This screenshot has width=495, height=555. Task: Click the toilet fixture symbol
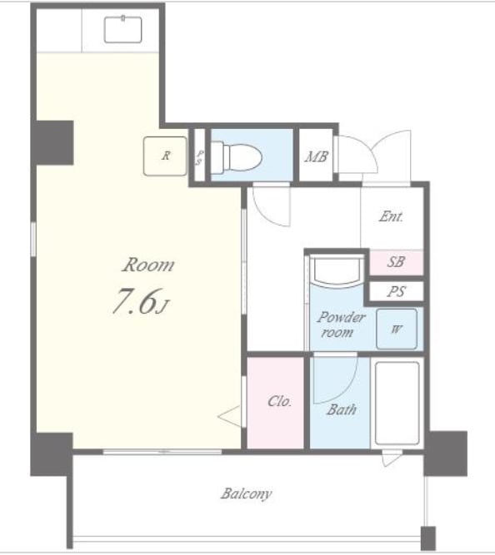[x=237, y=157]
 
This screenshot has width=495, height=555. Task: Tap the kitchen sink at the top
[x=123, y=29]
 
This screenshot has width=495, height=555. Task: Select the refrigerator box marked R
[x=165, y=156]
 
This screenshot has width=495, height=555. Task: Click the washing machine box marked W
[x=397, y=329]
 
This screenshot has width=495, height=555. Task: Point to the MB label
[x=317, y=156]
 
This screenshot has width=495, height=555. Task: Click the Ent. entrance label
[x=391, y=216]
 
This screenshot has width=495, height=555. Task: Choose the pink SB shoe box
[x=397, y=262]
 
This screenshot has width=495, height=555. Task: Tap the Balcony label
[x=247, y=493]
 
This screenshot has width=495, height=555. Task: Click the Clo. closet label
[x=279, y=401]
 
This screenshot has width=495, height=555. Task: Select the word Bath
[x=342, y=409]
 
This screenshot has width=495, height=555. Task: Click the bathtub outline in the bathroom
[x=397, y=403]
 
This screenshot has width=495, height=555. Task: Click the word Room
[x=148, y=265]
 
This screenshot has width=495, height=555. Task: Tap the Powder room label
[x=340, y=325]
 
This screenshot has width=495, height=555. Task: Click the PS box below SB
[x=397, y=292]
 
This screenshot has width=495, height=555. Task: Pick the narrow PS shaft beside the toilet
[x=200, y=156]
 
